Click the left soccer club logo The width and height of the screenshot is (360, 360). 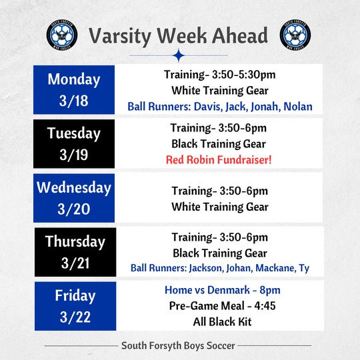[62, 35]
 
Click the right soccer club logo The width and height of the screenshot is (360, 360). [295, 35]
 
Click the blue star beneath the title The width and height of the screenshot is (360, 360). [178, 55]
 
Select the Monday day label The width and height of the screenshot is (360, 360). [73, 79]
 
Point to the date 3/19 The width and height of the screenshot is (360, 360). [73, 155]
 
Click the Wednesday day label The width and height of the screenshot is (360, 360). [73, 187]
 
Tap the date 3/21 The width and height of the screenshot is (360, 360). [73, 263]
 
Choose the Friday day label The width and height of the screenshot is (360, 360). [75, 295]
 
